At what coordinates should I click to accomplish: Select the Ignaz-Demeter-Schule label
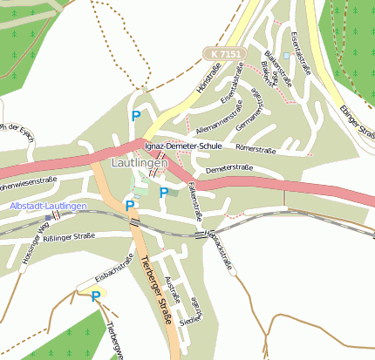(184, 146)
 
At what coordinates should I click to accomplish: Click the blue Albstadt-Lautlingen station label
(49, 206)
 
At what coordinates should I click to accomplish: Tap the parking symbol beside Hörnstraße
(135, 115)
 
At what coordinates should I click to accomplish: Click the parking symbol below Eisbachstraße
(95, 296)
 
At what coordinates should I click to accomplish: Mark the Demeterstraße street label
(229, 167)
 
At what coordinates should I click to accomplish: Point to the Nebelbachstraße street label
(219, 252)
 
